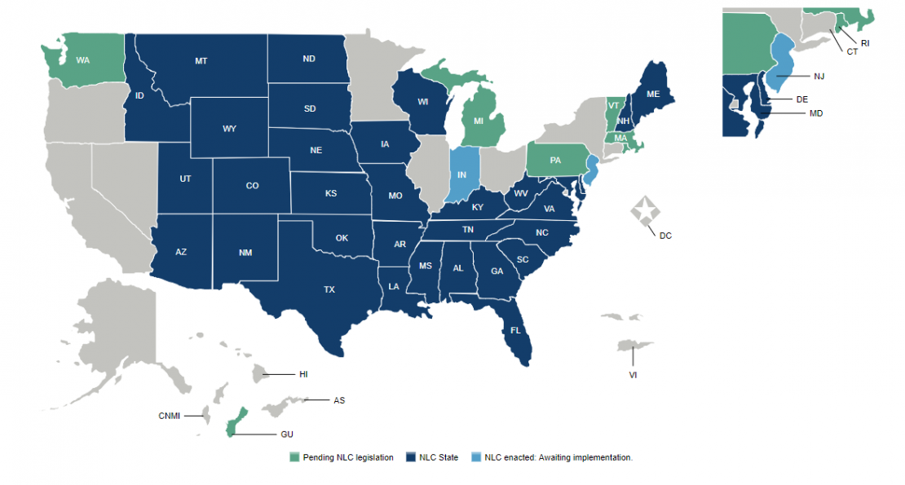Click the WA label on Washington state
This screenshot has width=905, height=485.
pyautogui.click(x=82, y=60)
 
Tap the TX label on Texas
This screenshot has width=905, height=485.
pyautogui.click(x=329, y=289)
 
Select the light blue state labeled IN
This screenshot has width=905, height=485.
pyautogui.click(x=461, y=174)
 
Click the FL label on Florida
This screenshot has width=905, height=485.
pyautogui.click(x=515, y=331)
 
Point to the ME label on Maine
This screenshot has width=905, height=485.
pyautogui.click(x=653, y=95)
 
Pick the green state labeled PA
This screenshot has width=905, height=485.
pyautogui.click(x=555, y=160)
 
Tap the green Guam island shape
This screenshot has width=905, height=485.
pyautogui.click(x=235, y=421)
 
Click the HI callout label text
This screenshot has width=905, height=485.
pyautogui.click(x=303, y=374)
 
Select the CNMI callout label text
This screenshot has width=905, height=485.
pyautogui.click(x=170, y=416)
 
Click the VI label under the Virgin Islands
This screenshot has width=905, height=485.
pyautogui.click(x=633, y=375)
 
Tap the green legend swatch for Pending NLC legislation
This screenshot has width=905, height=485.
pyautogui.click(x=294, y=457)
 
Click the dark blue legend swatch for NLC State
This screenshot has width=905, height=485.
pyautogui.click(x=411, y=457)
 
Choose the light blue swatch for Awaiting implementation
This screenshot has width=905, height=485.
pyautogui.click(x=476, y=457)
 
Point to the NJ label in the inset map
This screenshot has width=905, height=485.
pyautogui.click(x=819, y=76)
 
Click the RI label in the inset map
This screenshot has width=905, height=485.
pyautogui.click(x=865, y=42)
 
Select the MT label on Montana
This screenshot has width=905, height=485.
pyautogui.click(x=201, y=61)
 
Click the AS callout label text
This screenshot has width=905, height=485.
pyautogui.click(x=339, y=400)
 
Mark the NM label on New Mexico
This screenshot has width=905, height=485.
pyautogui.click(x=245, y=253)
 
